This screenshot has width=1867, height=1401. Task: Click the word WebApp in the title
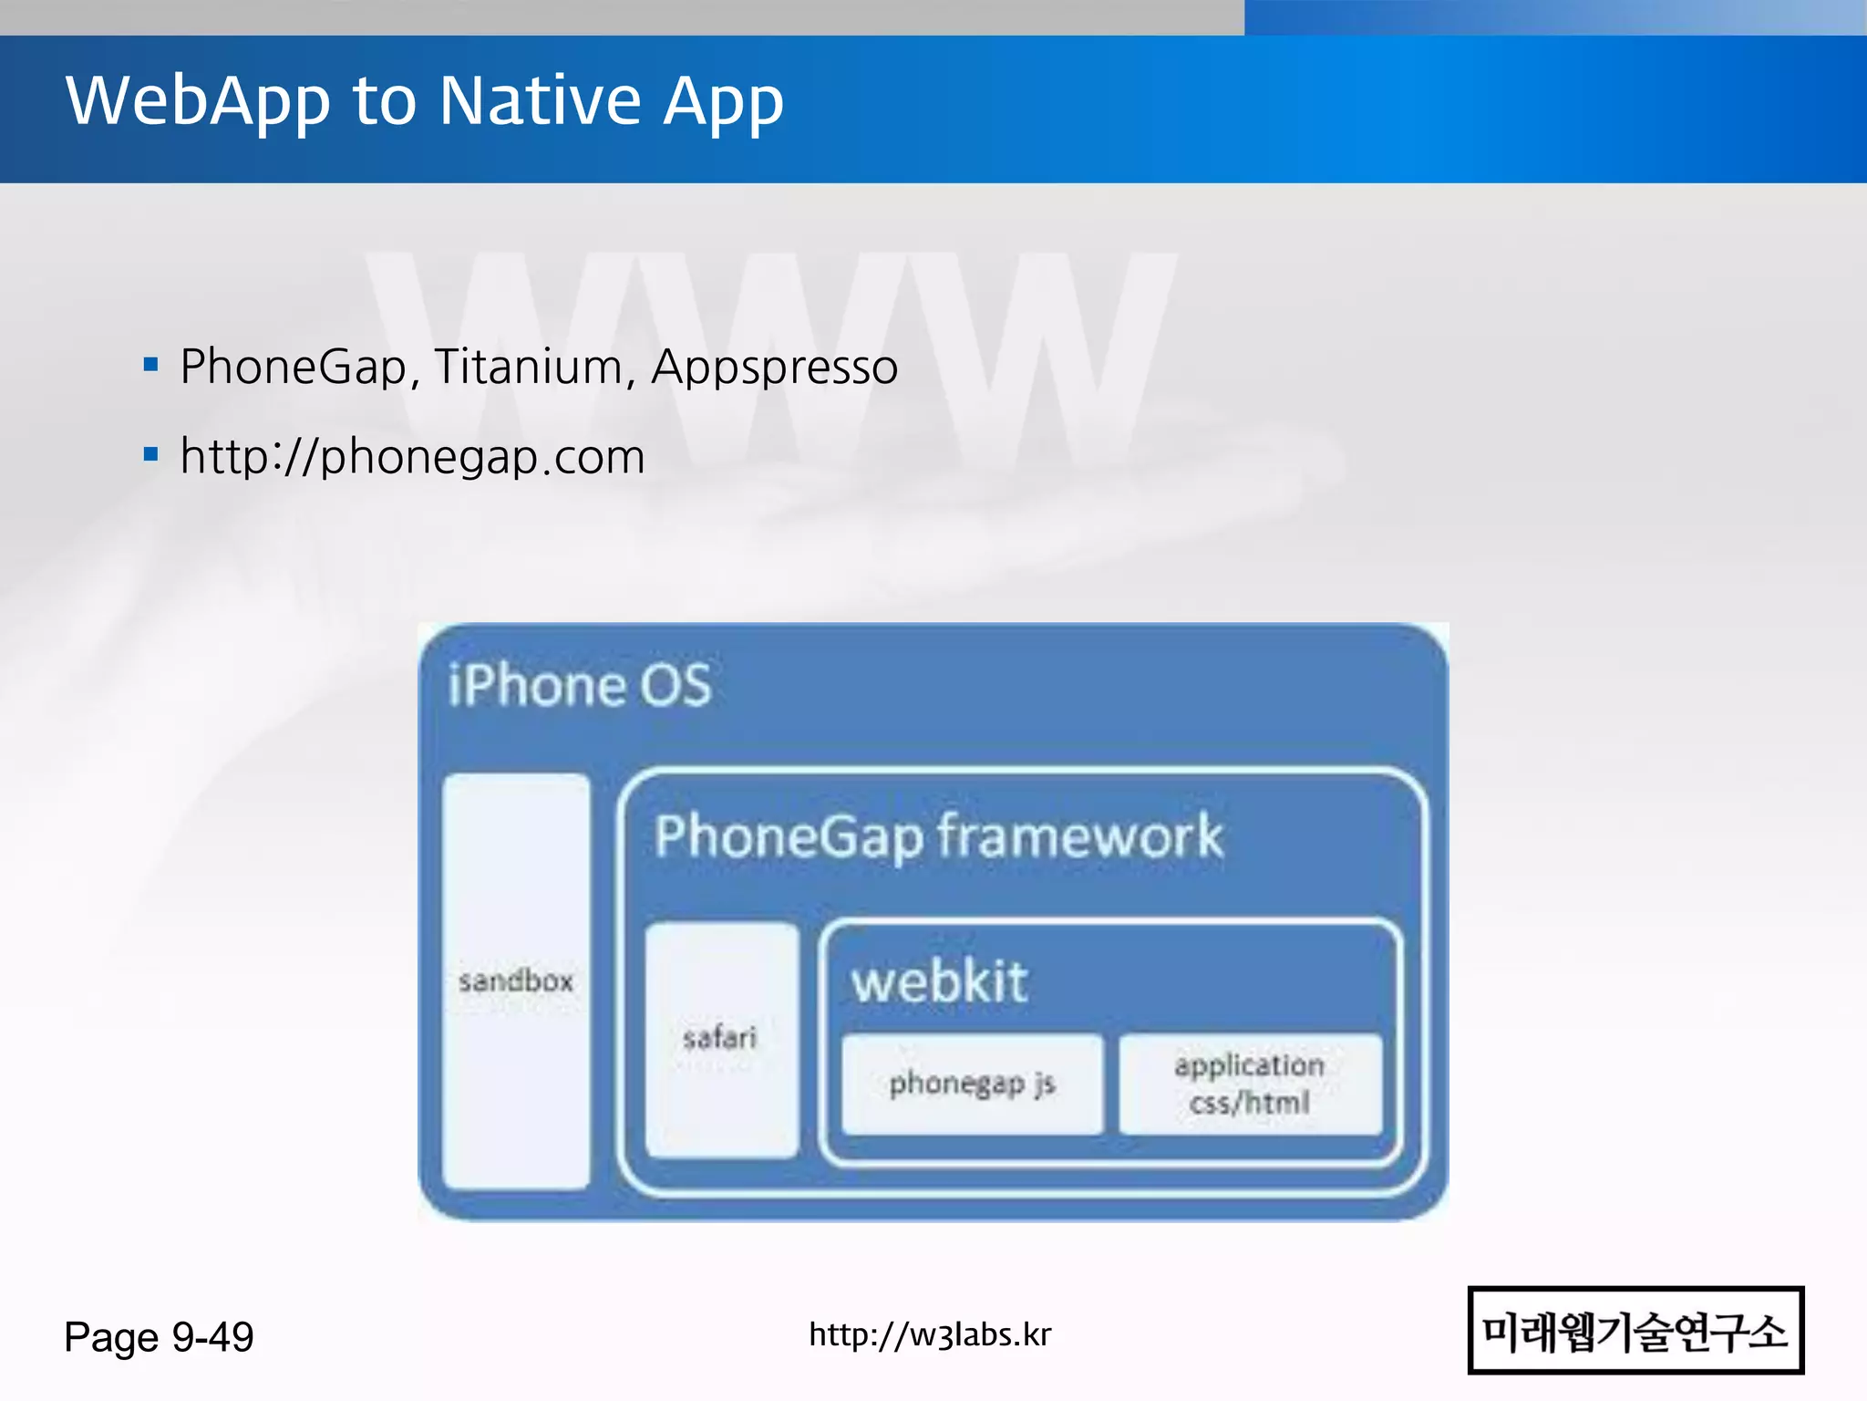tap(198, 100)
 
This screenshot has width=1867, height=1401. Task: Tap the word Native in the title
tap(541, 100)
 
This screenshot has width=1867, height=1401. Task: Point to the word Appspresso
tap(774, 368)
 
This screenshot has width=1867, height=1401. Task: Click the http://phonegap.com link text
tap(412, 456)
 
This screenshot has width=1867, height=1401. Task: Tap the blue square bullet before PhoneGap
tap(151, 366)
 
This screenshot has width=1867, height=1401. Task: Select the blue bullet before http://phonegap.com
tap(151, 454)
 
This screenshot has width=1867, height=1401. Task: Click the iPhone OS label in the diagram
tap(580, 685)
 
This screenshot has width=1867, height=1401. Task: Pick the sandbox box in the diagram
tap(516, 981)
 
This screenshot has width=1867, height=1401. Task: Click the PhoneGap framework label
tap(938, 836)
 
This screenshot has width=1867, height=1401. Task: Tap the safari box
tap(720, 1038)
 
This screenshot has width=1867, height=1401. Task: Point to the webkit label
tap(939, 982)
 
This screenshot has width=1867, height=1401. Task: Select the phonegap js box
tap(972, 1084)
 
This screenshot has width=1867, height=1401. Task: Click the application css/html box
tap(1250, 1084)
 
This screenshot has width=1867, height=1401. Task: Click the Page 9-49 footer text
tap(159, 1337)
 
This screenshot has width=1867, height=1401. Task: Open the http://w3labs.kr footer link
tap(930, 1334)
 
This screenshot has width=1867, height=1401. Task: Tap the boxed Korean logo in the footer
tap(1635, 1330)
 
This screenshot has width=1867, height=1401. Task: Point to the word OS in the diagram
tap(675, 685)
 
